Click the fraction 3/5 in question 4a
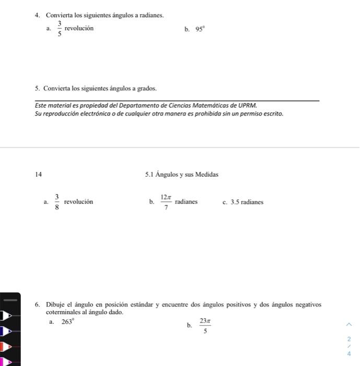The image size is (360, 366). pos(60,29)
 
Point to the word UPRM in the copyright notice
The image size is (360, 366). pos(248,105)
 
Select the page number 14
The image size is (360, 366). pos(39,175)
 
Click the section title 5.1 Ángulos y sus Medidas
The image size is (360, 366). pos(182,175)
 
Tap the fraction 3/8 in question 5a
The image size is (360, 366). pos(56,202)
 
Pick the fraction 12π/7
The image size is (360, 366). pos(166,202)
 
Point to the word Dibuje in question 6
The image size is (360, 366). pos(55,304)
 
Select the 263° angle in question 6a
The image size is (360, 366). pos(68,322)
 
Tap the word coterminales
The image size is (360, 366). pos(64,312)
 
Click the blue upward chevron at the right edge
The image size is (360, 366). pos(349,324)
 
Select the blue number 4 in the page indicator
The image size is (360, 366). pos(349,353)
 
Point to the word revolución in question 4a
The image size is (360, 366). pos(79,28)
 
